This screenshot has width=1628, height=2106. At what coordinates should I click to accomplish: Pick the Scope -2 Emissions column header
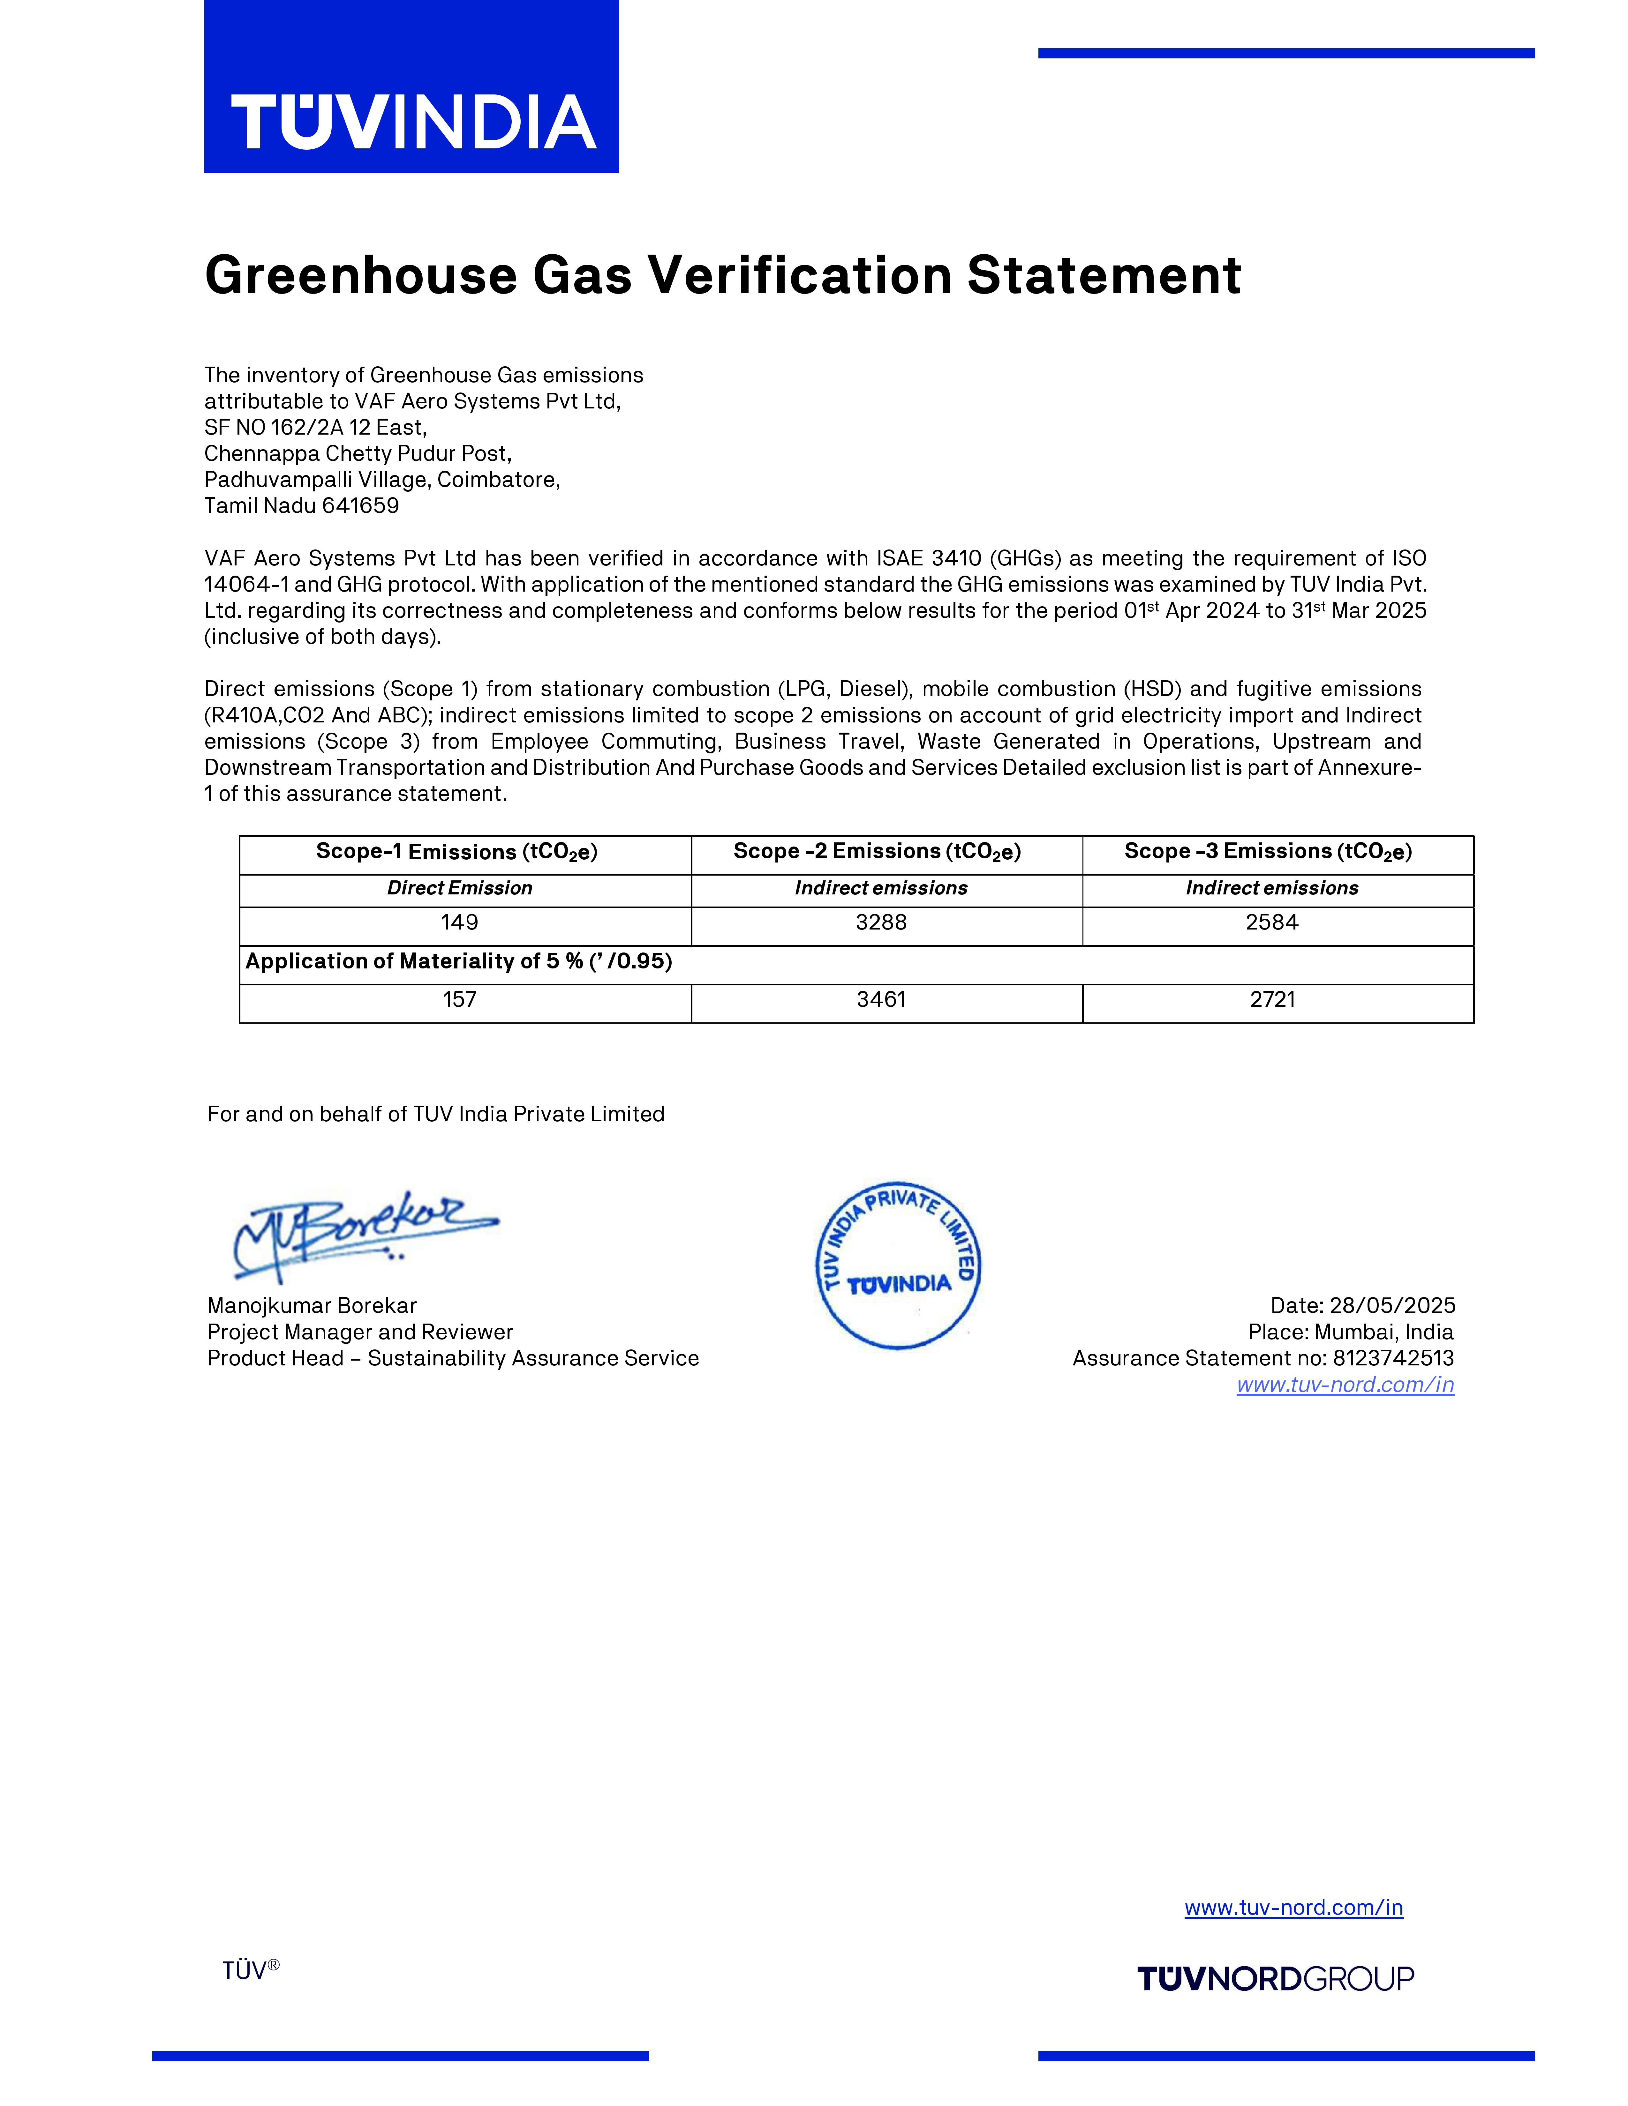(877, 851)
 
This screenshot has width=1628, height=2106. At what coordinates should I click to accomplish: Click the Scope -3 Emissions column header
(1267, 851)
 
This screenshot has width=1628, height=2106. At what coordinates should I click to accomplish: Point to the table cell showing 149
(459, 923)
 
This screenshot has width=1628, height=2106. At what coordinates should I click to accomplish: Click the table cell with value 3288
(880, 923)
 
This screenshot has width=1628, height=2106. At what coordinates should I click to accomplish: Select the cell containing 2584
(1271, 923)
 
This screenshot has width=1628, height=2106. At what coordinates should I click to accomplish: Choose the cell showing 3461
(880, 1000)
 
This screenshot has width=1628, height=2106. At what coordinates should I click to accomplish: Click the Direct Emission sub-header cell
(459, 888)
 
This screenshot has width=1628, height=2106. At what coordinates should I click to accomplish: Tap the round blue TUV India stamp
(898, 1264)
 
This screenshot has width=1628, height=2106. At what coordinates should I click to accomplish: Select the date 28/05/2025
(1392, 1306)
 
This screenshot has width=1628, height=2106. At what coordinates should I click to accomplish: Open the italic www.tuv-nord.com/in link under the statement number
(1345, 1385)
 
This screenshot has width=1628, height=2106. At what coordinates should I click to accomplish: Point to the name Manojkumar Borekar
(312, 1306)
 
